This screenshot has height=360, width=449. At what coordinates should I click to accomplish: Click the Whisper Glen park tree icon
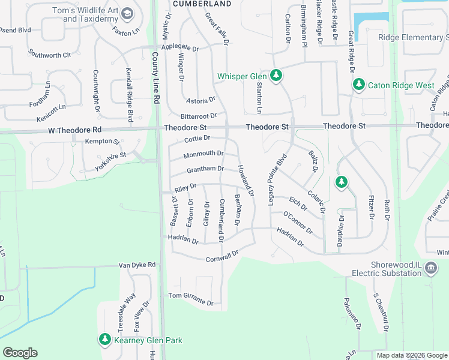click(276, 76)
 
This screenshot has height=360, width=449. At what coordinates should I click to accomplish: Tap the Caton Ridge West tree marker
click(359, 85)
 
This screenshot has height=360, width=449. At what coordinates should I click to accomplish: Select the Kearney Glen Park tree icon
click(105, 340)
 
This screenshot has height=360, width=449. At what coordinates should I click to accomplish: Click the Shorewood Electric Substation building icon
click(430, 268)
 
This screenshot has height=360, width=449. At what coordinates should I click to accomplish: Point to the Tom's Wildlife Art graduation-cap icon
click(127, 14)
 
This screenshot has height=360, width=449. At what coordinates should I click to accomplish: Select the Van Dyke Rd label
click(137, 265)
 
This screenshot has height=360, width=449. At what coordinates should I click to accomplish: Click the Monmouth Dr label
click(203, 154)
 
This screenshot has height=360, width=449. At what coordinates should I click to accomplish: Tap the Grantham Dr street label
click(205, 169)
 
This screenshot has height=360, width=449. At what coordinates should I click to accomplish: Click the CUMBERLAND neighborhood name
click(202, 4)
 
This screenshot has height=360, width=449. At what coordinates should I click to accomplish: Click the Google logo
click(20, 353)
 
